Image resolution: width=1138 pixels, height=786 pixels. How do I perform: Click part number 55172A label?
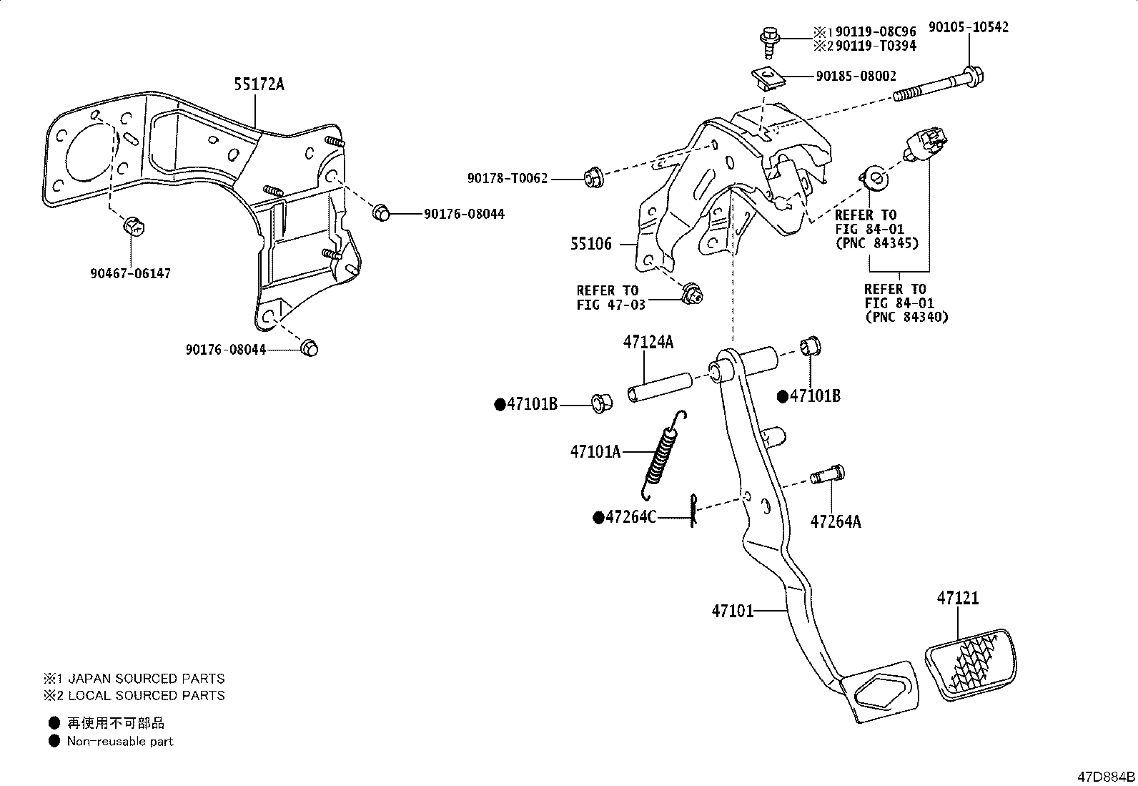[258, 84]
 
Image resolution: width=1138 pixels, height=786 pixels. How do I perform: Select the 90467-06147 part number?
[131, 273]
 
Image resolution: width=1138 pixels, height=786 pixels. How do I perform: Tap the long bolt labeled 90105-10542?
[936, 85]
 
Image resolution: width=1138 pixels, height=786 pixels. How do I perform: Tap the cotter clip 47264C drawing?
[693, 511]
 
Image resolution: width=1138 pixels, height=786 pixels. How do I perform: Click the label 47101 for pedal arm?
[733, 611]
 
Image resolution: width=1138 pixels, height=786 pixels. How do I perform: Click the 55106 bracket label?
[590, 244]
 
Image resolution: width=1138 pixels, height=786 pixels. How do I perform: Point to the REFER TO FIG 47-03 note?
[610, 298]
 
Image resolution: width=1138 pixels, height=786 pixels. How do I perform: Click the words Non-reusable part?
[120, 741]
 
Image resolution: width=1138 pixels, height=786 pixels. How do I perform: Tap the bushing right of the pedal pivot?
[811, 346]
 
